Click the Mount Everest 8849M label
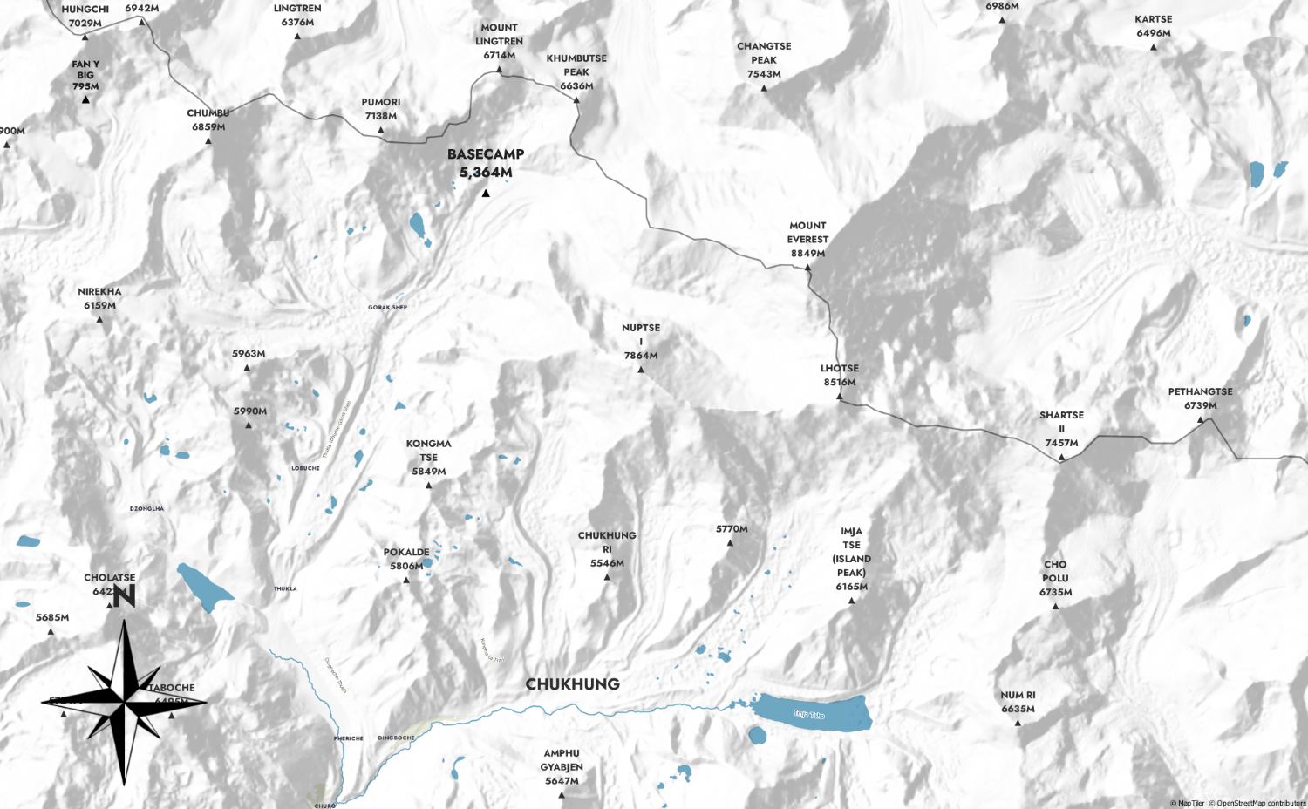click(x=807, y=240)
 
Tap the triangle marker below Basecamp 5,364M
click(x=486, y=193)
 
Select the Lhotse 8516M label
click(x=840, y=375)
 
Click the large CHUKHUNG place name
click(x=572, y=684)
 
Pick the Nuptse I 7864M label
click(x=641, y=342)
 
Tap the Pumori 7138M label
click(x=381, y=109)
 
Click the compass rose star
click(x=124, y=701)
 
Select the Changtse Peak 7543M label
click(x=764, y=60)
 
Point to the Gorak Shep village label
click(x=387, y=308)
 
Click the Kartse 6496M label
click(x=1154, y=26)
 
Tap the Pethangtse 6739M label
click(x=1201, y=398)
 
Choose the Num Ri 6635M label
click(x=1018, y=702)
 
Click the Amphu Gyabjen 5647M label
click(x=562, y=767)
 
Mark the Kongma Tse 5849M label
click(x=428, y=458)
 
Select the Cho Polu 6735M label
click(x=1055, y=578)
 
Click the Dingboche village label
click(x=396, y=738)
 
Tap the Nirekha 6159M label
click(x=99, y=298)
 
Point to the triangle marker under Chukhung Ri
click(x=607, y=577)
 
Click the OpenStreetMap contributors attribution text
click(x=1261, y=803)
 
